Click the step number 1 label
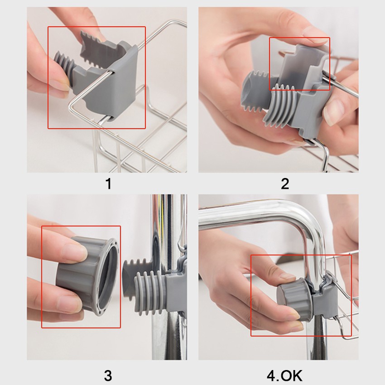point(108,183)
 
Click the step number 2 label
point(285,183)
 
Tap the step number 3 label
point(108,375)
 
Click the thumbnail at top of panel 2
point(314,34)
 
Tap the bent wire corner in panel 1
point(71,103)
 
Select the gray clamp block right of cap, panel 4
point(324,302)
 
